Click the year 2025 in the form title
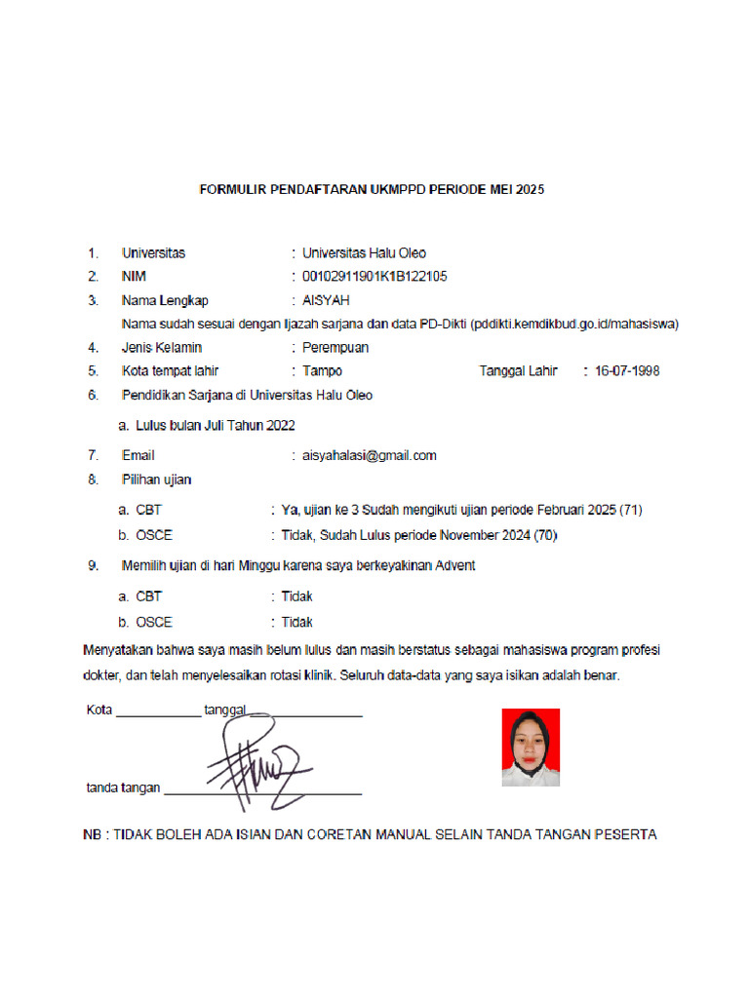pos(529,190)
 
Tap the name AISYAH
pos(326,300)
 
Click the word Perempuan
pos(335,347)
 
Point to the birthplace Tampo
pos(322,370)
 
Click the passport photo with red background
pos(531,748)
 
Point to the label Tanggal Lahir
pos(518,370)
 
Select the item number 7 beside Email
pos(93,455)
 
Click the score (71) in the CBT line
pos(630,510)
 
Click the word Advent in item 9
pos(454,566)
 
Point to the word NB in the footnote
pos(95,834)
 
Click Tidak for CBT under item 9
pos(296,596)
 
